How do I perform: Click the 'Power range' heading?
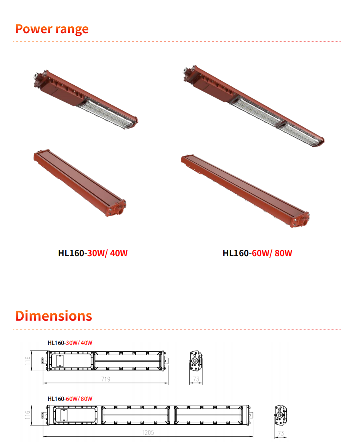tap(52, 29)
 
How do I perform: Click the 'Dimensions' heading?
tap(54, 316)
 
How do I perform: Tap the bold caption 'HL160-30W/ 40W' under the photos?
tap(93, 253)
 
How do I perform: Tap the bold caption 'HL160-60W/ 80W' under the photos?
tap(257, 253)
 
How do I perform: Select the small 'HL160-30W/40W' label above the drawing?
tap(70, 343)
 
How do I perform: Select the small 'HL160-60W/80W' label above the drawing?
tap(70, 399)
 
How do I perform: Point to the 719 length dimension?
tap(106, 379)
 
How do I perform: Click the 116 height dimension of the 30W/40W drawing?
tap(28, 361)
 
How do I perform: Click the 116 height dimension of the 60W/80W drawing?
tap(28, 415)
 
